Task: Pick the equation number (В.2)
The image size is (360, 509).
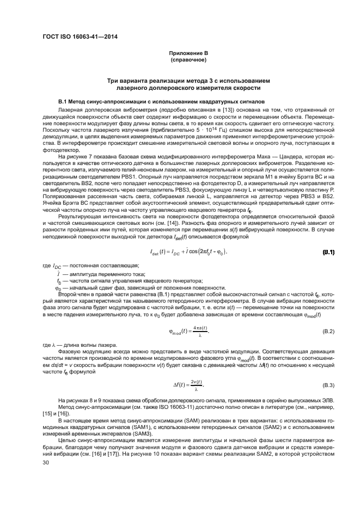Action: (328, 332)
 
